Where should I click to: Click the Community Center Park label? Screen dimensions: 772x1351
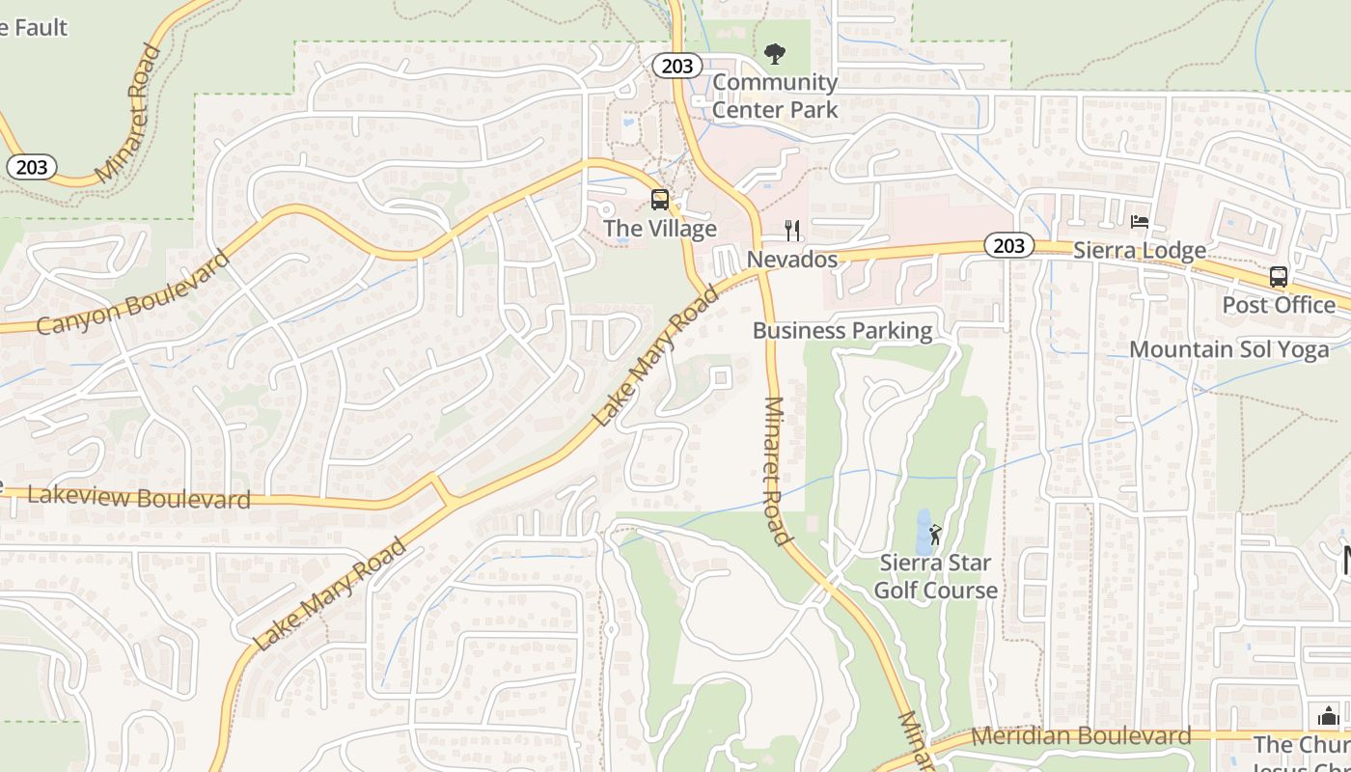click(x=775, y=96)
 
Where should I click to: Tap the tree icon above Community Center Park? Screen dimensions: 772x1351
click(x=774, y=54)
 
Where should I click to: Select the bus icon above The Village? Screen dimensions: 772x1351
click(x=660, y=200)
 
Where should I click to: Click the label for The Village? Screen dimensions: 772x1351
click(x=660, y=229)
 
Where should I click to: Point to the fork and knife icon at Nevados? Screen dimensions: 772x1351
click(x=792, y=230)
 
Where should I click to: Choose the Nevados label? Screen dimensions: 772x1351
click(x=792, y=260)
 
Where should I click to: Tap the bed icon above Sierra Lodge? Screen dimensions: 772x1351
click(x=1140, y=222)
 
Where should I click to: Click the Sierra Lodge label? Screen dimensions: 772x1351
click(x=1140, y=251)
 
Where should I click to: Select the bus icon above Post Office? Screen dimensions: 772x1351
click(x=1279, y=277)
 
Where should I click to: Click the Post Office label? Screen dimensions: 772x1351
click(x=1279, y=305)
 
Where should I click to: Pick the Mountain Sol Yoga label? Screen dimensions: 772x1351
click(x=1228, y=349)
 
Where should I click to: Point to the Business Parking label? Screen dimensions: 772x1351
click(x=842, y=331)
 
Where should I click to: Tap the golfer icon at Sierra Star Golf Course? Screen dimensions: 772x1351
click(x=934, y=534)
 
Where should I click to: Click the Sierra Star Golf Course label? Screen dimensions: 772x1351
click(x=935, y=576)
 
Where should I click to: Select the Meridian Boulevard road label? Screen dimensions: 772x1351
click(x=1081, y=736)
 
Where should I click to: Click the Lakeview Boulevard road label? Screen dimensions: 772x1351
click(x=139, y=498)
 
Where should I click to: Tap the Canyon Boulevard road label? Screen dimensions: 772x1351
click(x=133, y=292)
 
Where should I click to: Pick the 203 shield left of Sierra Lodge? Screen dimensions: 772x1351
click(x=1008, y=246)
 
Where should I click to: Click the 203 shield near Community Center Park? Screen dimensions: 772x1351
click(x=677, y=66)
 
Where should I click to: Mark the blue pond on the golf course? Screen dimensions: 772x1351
click(x=923, y=532)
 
